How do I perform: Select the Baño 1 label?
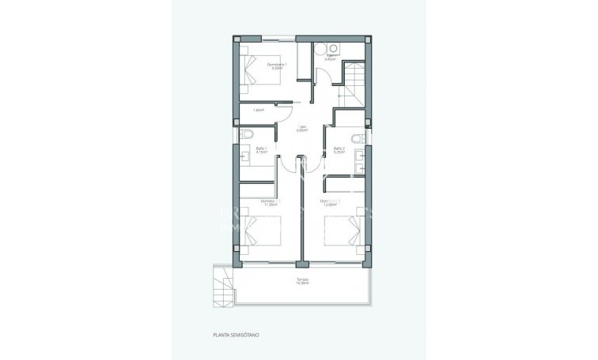[x=262, y=148]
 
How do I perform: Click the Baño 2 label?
[x=339, y=148]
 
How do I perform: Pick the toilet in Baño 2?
[x=358, y=140]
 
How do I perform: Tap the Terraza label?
[x=303, y=279]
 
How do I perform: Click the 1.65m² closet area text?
[x=258, y=111]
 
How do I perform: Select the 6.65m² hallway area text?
[x=302, y=131]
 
